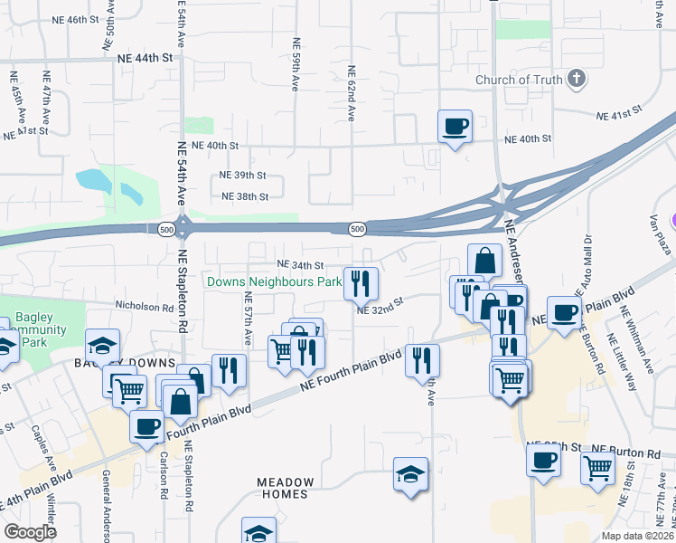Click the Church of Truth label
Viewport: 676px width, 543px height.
click(520, 80)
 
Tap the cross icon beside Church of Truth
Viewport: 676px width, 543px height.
click(574, 80)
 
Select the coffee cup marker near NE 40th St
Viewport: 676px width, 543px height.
click(455, 126)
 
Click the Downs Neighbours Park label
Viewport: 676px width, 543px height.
click(274, 281)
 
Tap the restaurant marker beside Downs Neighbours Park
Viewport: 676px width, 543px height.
click(360, 283)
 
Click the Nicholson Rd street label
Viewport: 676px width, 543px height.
click(143, 307)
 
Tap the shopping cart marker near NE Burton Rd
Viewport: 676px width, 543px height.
click(597, 467)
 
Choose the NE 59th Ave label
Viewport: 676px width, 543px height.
click(296, 63)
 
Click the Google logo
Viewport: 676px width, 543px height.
click(30, 532)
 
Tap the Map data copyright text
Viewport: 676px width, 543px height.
click(638, 536)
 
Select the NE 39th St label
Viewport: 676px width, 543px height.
click(243, 175)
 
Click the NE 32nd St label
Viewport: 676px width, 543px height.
click(378, 310)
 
